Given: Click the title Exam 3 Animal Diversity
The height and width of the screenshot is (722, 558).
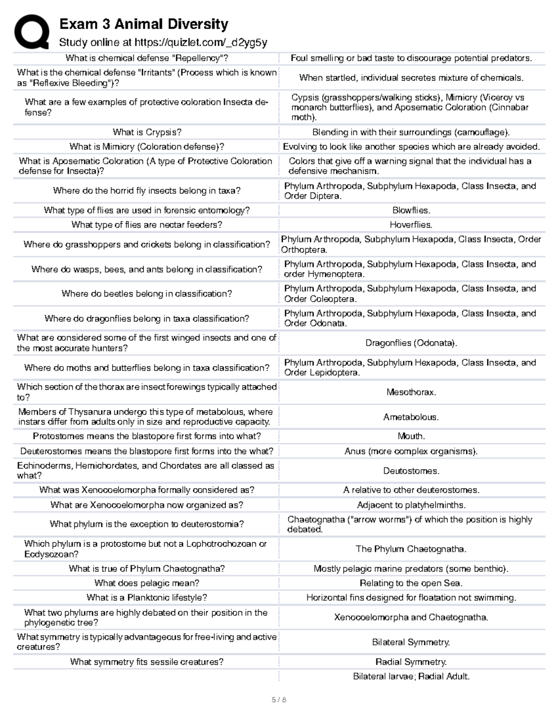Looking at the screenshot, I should pyautogui.click(x=144, y=24).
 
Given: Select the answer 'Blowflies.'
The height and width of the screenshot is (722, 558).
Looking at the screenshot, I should pyautogui.click(x=411, y=210).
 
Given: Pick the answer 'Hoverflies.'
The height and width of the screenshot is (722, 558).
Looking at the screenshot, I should pyautogui.click(x=411, y=225).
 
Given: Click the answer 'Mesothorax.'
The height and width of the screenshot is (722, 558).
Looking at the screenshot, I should pyautogui.click(x=411, y=392).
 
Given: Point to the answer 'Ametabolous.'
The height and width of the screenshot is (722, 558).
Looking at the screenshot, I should pyautogui.click(x=411, y=417).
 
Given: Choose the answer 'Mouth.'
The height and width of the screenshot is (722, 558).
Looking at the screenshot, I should pyautogui.click(x=411, y=436).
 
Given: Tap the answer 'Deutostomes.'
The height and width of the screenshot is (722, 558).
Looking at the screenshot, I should pyautogui.click(x=411, y=471).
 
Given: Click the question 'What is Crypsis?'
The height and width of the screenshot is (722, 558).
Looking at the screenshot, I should pyautogui.click(x=147, y=132).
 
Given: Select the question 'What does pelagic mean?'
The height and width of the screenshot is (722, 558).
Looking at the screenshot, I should pyautogui.click(x=147, y=583).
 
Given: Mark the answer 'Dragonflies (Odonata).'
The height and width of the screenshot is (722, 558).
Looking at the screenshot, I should pyautogui.click(x=411, y=343).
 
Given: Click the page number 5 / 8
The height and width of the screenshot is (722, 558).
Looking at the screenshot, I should pyautogui.click(x=279, y=700).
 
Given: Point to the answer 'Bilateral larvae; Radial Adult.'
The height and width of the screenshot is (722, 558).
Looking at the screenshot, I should pyautogui.click(x=411, y=676).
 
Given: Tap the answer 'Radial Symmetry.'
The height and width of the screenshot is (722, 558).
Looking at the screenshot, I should pyautogui.click(x=411, y=662).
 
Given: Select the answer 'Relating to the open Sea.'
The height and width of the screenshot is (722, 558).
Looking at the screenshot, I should pyautogui.click(x=411, y=583).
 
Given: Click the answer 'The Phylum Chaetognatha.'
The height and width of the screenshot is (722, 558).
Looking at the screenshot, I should pyautogui.click(x=411, y=549).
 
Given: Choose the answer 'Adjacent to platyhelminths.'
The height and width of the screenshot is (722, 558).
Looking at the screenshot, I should pyautogui.click(x=411, y=505).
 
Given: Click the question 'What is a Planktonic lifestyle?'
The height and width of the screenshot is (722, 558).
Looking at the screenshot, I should pyautogui.click(x=147, y=597).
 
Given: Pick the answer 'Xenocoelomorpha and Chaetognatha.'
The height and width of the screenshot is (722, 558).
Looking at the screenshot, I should pyautogui.click(x=411, y=617).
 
